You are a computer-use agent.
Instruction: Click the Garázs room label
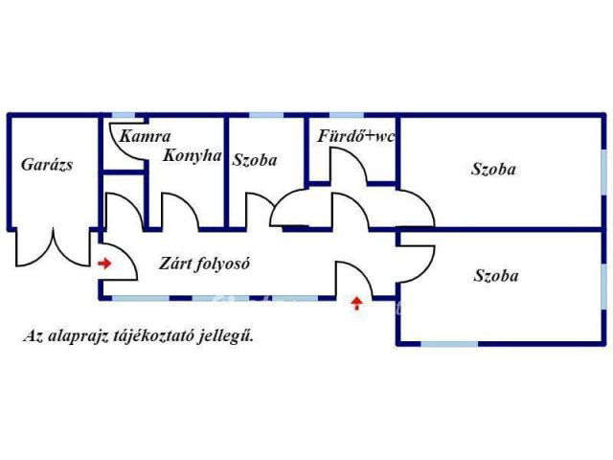[47, 165]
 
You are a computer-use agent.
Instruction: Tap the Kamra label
[145, 136]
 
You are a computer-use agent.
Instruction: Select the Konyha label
[193, 155]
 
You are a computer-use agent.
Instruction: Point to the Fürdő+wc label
[355, 136]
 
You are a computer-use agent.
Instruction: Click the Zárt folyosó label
[204, 264]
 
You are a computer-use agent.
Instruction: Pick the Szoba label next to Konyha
[255, 160]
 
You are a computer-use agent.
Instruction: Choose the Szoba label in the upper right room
[493, 170]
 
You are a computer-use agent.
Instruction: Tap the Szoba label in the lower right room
[496, 276]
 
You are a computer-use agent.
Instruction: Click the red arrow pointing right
[104, 264]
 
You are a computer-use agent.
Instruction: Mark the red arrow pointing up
[356, 303]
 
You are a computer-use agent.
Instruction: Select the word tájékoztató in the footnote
[152, 336]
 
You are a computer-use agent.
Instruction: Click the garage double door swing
[53, 248]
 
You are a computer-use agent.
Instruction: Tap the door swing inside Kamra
[127, 142]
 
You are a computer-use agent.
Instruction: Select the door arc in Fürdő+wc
[349, 165]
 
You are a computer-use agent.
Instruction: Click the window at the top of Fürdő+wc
[347, 115]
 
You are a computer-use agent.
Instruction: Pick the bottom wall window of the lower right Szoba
[449, 344]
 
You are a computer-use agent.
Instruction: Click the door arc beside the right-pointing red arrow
[119, 262]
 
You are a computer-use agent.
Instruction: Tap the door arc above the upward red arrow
[354, 279]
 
